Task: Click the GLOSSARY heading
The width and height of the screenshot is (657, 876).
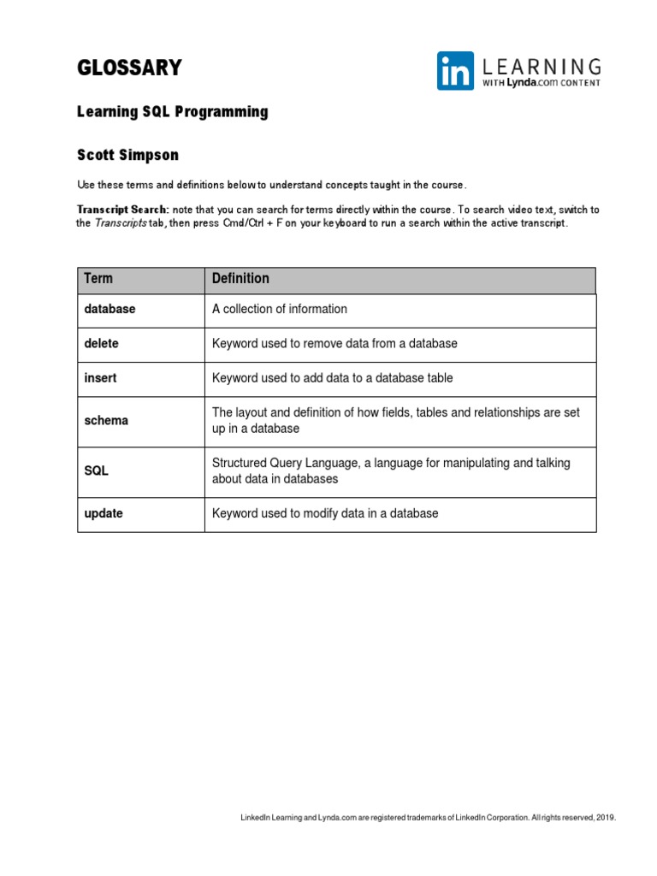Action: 129,68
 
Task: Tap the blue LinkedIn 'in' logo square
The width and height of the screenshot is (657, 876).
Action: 455,71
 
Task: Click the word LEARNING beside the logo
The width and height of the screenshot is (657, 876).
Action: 542,66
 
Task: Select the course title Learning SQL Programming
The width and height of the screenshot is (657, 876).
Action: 172,112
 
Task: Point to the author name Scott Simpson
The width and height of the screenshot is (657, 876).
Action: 128,155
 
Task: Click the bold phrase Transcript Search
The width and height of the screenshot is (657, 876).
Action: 122,210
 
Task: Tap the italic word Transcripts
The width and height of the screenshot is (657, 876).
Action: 120,223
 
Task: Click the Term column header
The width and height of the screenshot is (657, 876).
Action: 98,279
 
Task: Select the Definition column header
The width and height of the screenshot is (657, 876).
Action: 240,279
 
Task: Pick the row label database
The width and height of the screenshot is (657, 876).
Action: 109,309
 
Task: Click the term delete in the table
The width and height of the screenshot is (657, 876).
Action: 102,343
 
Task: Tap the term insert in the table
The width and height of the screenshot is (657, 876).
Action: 101,377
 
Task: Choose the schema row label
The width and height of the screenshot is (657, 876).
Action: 106,420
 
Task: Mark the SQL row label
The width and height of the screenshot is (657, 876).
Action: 97,471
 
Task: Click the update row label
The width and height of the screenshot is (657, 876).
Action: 104,513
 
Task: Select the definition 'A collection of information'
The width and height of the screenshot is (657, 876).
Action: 280,309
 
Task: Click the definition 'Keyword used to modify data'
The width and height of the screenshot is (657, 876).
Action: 325,513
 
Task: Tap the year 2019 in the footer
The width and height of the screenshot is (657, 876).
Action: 606,818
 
